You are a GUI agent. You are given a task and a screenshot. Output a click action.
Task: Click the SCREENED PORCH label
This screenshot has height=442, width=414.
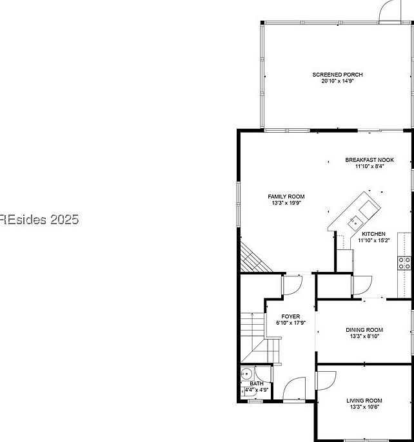coord(337,75)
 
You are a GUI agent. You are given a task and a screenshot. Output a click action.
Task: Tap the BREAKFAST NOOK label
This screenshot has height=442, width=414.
coord(369,160)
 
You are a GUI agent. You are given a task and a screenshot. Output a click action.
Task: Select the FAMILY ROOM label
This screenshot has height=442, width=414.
coord(286,197)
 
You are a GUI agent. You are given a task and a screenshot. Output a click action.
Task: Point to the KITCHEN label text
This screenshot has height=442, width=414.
coord(373,234)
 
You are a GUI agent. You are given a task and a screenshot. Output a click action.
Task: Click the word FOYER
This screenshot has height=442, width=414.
coord(291,316)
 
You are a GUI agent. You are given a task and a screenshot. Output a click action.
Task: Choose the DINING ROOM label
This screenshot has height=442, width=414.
coord(364,329)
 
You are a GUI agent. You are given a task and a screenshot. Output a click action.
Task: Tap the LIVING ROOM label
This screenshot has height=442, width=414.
coord(364,400)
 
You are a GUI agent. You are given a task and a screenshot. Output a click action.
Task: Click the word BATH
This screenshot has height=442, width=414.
coord(256,384)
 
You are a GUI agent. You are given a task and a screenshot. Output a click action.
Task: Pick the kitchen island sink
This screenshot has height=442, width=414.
coord(355,224)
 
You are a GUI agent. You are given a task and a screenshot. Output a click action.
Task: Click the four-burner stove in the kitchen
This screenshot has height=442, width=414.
coord(404,262)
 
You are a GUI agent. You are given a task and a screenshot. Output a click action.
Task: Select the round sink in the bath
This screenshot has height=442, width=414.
coord(246,374)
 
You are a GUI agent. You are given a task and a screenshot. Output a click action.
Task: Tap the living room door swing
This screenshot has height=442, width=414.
coord(325,380)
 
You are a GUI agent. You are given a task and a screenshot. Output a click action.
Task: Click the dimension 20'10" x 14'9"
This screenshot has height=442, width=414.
coord(337,81)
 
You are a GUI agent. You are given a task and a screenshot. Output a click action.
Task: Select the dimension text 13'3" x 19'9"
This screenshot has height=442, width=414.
coord(286,203)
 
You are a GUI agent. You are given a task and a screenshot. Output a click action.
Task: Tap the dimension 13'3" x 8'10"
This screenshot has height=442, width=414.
coord(364,336)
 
